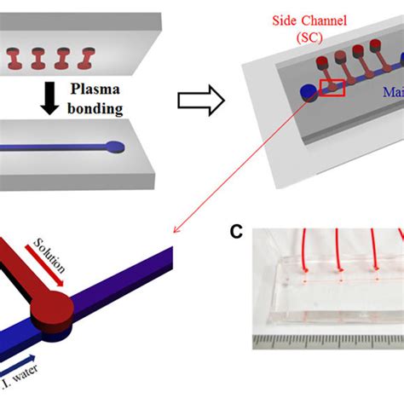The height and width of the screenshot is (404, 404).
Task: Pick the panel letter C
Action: tap(240, 232)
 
